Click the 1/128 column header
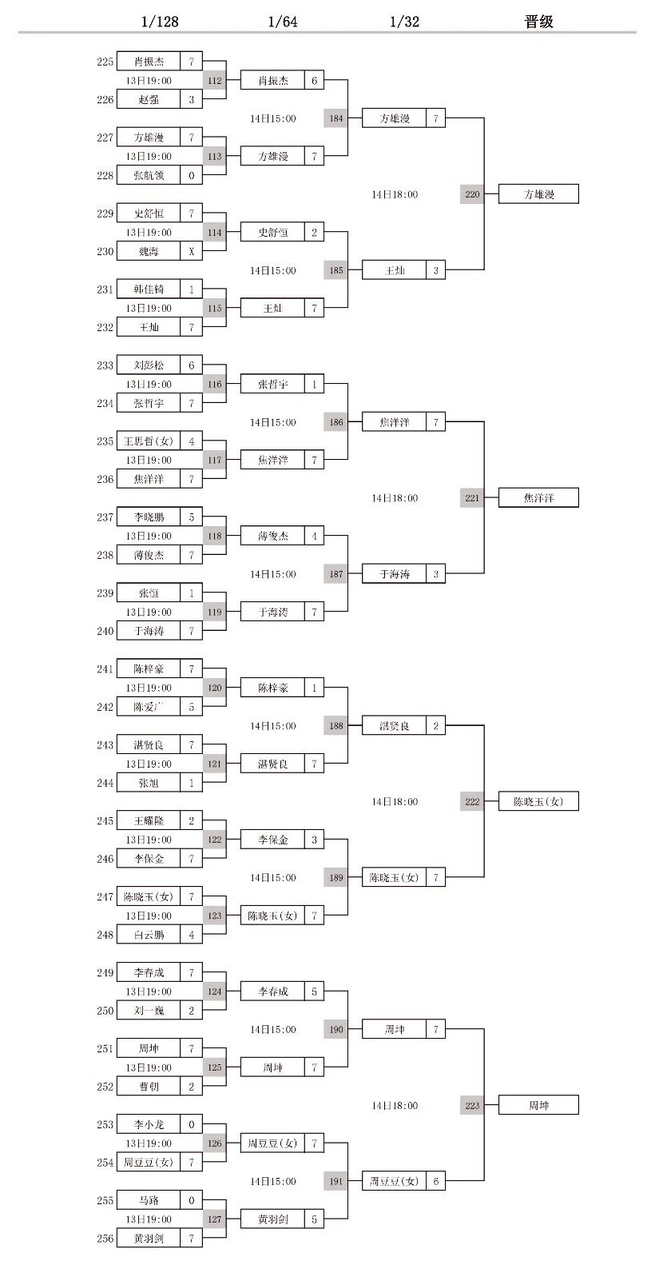tap(160, 22)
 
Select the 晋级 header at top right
tap(538, 22)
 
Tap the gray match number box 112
tap(214, 81)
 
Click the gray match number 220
tap(472, 194)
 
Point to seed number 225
tap(105, 62)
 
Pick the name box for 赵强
tap(149, 100)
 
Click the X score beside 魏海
tap(192, 252)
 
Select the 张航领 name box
tap(149, 176)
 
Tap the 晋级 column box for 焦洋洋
tap(538, 498)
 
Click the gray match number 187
tap(336, 574)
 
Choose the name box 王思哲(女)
tap(149, 441)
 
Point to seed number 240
tap(105, 632)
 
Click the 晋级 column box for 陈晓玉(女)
tap(538, 802)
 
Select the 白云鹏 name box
tap(149, 935)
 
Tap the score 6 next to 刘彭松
tap(192, 365)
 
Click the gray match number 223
tap(472, 1106)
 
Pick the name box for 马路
tap(149, 1200)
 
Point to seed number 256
tap(105, 1239)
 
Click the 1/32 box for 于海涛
tap(395, 574)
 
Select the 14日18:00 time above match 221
tap(395, 498)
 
